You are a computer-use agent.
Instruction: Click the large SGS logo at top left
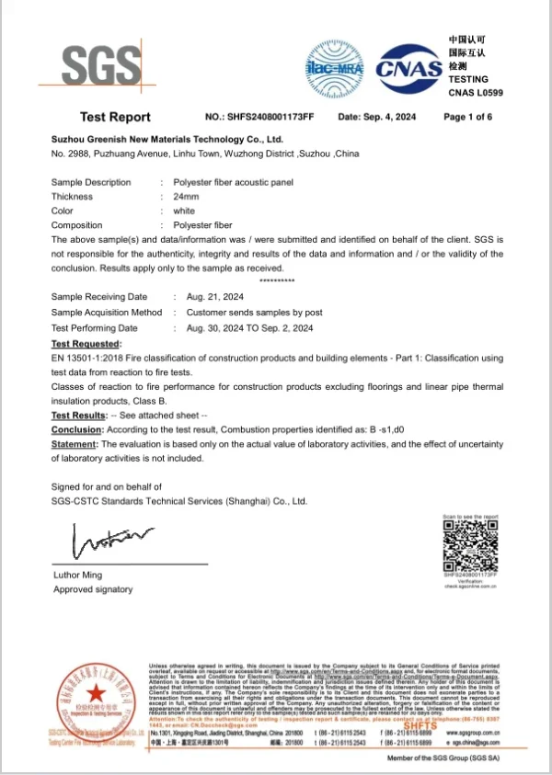coord(101,65)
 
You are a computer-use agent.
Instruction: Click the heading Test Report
coord(115,118)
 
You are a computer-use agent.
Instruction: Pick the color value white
coord(184,211)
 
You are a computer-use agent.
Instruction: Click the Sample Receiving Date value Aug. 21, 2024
coord(214,297)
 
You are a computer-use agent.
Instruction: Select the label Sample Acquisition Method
coord(107,313)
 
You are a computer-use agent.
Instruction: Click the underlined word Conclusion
coord(75,429)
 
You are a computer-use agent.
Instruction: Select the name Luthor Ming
coord(78,576)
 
